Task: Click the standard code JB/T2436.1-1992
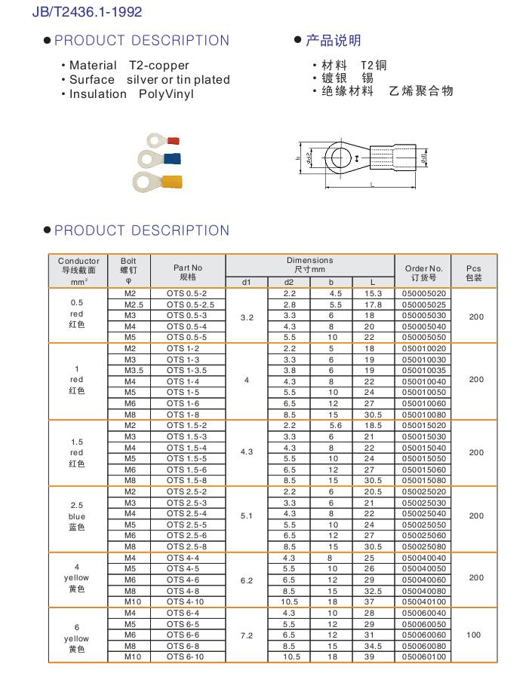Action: [87, 12]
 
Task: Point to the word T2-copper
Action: [159, 66]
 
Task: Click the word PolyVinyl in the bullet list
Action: [167, 94]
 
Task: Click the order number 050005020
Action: [424, 293]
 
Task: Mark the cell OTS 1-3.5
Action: [186, 371]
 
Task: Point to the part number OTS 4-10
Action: [185, 602]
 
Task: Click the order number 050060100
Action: [424, 657]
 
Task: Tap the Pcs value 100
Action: [473, 635]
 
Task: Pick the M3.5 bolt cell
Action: [130, 371]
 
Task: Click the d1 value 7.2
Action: [247, 635]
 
